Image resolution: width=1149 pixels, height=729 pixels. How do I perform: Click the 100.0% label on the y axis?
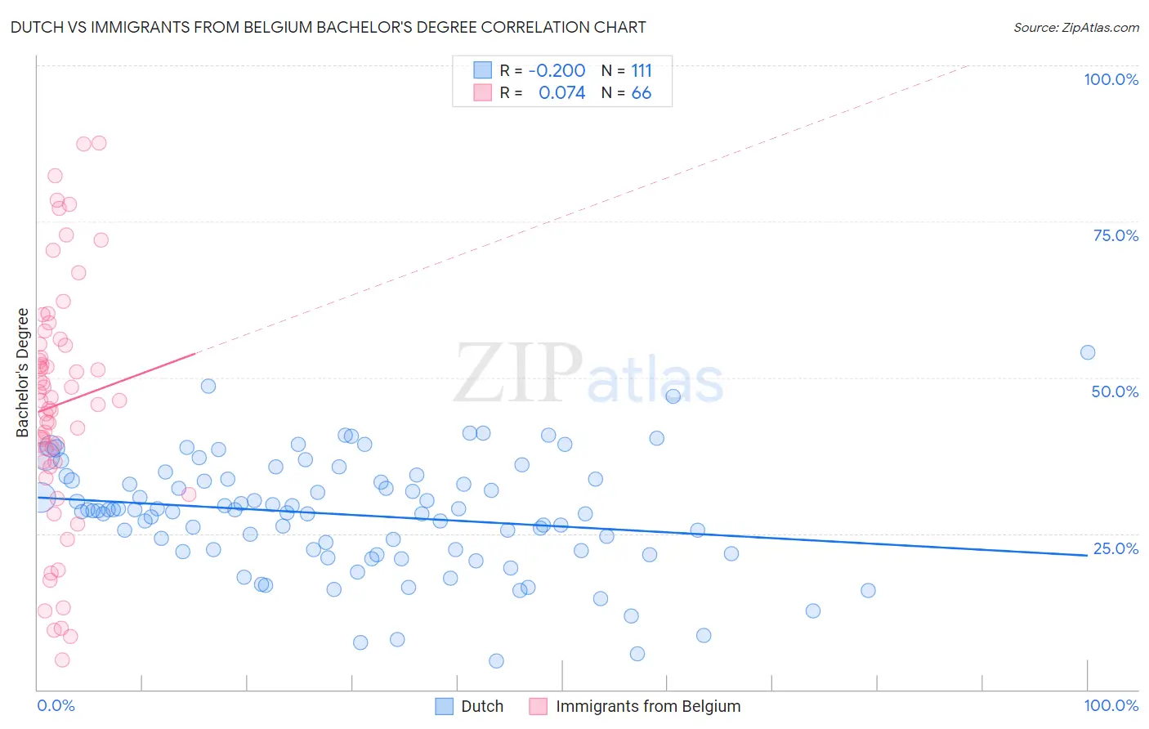[1111, 79]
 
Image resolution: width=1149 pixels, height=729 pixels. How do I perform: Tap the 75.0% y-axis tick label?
[1115, 235]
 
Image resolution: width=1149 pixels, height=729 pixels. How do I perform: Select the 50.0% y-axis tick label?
[1115, 391]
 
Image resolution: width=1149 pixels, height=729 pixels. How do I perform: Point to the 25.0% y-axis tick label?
[1115, 548]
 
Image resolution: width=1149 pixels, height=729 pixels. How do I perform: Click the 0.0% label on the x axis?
[56, 705]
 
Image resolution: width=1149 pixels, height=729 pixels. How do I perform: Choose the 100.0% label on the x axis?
[1111, 705]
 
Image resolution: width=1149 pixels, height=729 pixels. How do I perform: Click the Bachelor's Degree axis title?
[23, 373]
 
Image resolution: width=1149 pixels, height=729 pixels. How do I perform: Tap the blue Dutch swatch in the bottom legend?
[444, 706]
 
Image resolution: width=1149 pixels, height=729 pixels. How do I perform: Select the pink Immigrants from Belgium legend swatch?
[538, 706]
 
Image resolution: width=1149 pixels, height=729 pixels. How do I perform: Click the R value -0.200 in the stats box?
[557, 70]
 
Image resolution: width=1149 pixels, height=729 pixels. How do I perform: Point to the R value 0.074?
[561, 93]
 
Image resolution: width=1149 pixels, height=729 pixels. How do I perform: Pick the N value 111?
[642, 70]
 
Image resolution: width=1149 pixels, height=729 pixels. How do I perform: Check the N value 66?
[642, 93]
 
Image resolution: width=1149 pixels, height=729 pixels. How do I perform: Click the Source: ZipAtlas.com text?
[1075, 27]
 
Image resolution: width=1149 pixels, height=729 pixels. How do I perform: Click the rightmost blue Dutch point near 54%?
[1087, 352]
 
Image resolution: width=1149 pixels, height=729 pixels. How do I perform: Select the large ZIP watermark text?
[518, 373]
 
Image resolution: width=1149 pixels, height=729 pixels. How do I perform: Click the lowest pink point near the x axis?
[62, 660]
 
